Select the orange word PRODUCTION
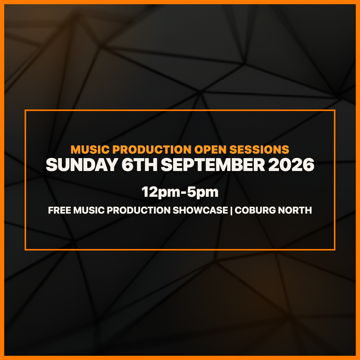click(152, 149)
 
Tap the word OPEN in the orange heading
click(210, 149)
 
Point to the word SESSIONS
click(259, 149)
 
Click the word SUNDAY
click(82, 165)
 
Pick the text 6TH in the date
click(139, 165)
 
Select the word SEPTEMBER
click(213, 165)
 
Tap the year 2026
click(291, 165)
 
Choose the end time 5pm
click(203, 192)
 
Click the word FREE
click(60, 210)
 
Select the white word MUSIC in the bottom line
click(89, 210)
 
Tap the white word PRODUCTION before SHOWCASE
click(138, 210)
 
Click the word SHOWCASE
click(200, 210)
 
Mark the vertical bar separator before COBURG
click(232, 211)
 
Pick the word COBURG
click(255, 210)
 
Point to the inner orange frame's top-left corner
click(25, 110)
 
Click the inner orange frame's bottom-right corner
click(335, 250)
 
